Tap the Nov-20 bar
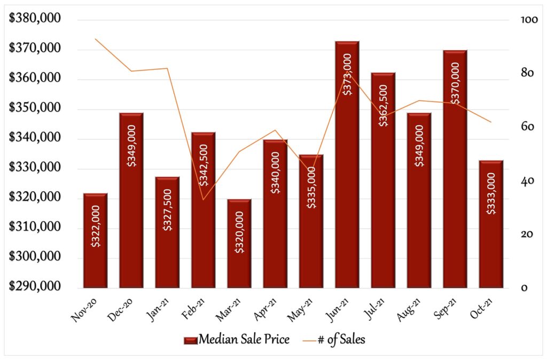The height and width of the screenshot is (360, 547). click(95, 240)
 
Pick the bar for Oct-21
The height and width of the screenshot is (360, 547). click(491, 224)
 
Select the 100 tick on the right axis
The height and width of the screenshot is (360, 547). click(528, 20)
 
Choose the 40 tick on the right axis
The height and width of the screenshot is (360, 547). click(528, 181)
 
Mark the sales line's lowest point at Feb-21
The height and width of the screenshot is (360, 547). click(204, 200)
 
